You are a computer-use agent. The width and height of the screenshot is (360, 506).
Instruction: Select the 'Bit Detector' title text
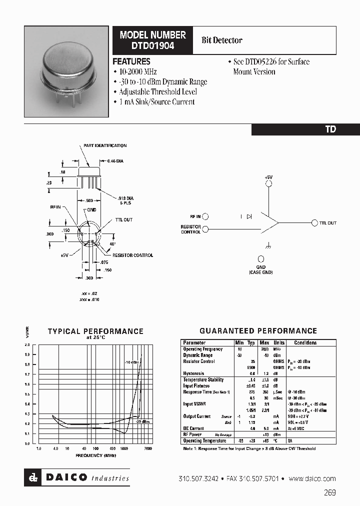[x=221, y=40]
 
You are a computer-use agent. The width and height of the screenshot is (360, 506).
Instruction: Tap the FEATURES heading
[x=131, y=61]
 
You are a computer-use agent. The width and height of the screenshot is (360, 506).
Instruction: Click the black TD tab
[x=330, y=129]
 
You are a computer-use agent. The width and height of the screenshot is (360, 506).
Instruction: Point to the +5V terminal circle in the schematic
[x=268, y=184]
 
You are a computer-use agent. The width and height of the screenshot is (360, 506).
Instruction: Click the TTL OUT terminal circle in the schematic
[x=314, y=223]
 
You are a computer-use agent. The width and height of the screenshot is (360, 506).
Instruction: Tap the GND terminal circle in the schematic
[x=261, y=258]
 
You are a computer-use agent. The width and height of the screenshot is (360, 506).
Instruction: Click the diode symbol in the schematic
[x=248, y=216]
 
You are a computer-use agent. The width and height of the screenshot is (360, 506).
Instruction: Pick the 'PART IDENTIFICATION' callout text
[x=108, y=145]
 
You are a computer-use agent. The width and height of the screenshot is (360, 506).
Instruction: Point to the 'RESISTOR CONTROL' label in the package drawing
[x=132, y=255]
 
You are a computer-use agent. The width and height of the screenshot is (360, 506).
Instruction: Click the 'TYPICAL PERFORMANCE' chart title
[x=95, y=331]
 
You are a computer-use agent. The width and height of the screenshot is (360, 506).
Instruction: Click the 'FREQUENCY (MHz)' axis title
[x=96, y=455]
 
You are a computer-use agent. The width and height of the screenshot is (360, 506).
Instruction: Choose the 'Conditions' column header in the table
[x=305, y=343]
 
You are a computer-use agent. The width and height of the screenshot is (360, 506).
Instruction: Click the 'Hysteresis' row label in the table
[x=194, y=373]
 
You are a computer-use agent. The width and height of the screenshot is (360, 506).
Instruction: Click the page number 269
[x=329, y=492]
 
